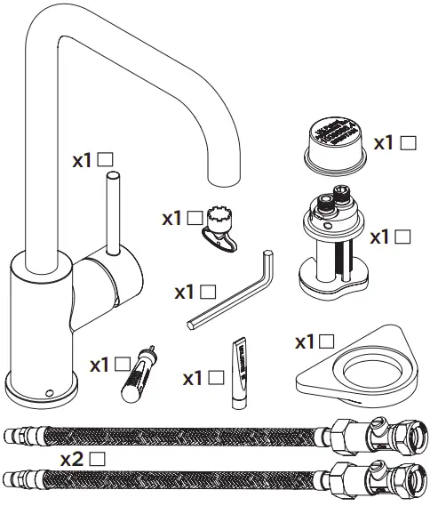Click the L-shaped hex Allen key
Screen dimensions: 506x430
point(231,303)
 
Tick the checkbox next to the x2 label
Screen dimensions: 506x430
point(99,459)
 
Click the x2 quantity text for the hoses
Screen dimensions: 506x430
point(74,459)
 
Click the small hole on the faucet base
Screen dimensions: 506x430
point(48,390)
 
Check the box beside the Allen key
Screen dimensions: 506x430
point(207,290)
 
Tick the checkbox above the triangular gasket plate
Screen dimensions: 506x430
point(327,340)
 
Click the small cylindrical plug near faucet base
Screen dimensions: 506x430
point(139,369)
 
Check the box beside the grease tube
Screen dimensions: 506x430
point(215,377)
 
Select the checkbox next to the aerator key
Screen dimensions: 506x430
point(195,216)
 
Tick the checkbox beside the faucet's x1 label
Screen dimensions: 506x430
point(104,159)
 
